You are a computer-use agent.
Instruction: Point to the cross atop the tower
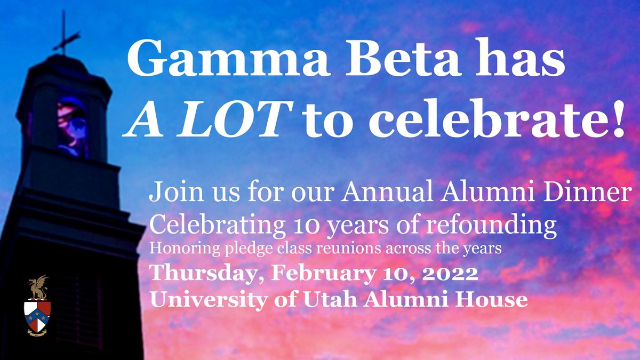(x=66, y=35)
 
